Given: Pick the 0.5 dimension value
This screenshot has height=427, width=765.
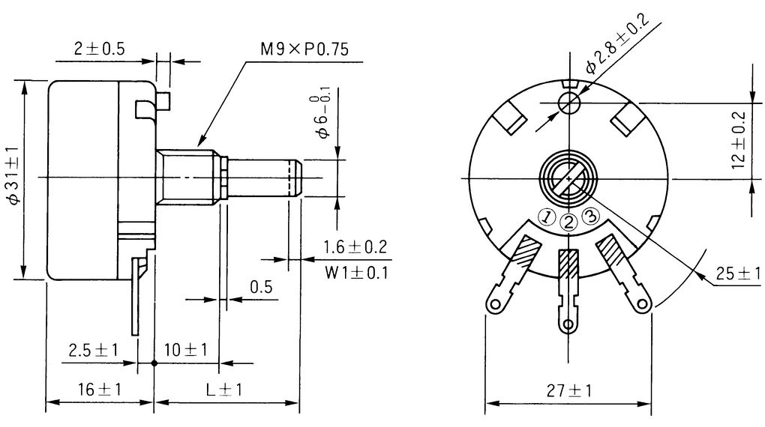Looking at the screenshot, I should [x=260, y=287].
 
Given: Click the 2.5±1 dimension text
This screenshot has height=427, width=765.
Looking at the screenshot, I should [x=93, y=350].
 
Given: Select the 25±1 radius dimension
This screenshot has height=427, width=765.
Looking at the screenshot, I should [x=738, y=273].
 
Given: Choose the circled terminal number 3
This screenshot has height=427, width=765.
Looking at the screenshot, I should [x=590, y=216].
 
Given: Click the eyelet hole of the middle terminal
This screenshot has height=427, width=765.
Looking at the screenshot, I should [x=568, y=324].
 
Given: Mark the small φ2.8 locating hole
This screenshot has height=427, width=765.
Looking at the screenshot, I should [x=568, y=102].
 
